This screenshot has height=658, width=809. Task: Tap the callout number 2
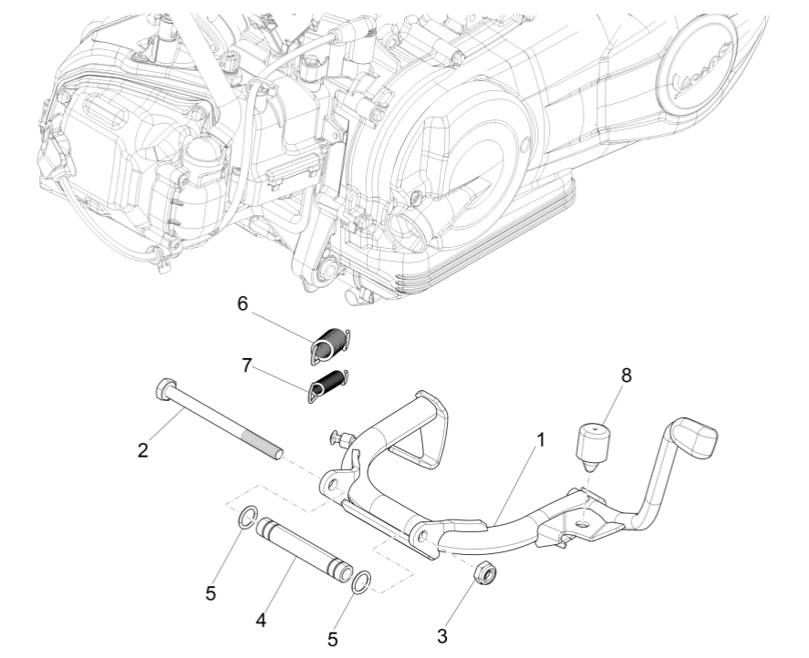(143, 450)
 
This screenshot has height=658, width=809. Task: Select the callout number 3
(443, 633)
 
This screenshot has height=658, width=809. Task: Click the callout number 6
(243, 303)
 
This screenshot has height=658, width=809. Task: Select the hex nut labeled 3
(487, 573)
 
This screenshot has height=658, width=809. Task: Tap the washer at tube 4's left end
(246, 520)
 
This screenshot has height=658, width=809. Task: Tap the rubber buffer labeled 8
(594, 444)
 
